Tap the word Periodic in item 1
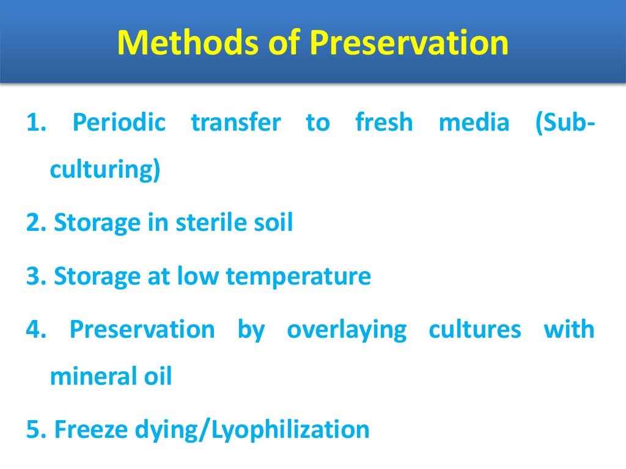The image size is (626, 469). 119,123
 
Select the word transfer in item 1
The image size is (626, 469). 236,123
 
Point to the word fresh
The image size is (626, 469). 384,123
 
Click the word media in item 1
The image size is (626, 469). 474,123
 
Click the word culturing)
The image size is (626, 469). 105,170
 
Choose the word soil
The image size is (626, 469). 274,223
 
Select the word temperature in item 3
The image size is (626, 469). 298,277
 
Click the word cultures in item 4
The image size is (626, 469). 475,330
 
